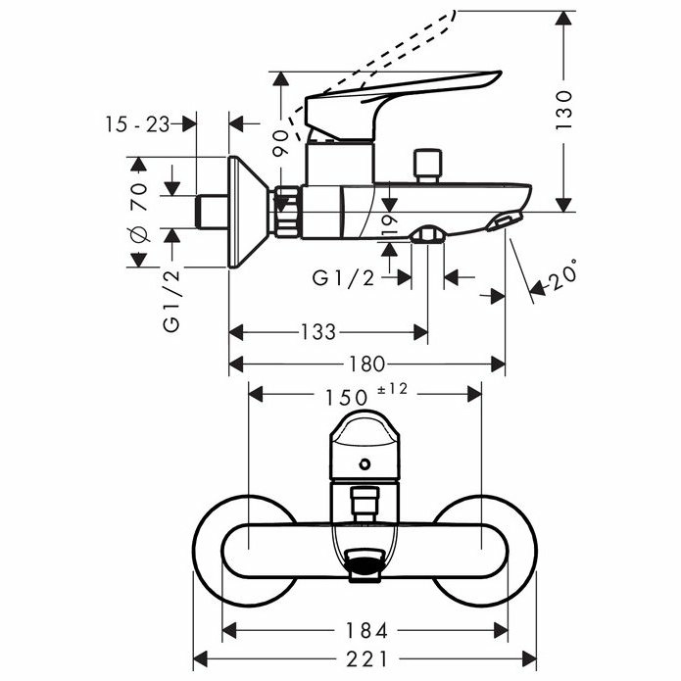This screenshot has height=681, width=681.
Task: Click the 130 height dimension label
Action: pyautogui.click(x=564, y=110)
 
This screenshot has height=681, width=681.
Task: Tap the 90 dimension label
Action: pyautogui.click(x=280, y=143)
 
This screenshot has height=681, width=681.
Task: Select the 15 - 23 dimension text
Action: pyautogui.click(x=138, y=124)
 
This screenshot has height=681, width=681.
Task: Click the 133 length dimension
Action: pyautogui.click(x=318, y=332)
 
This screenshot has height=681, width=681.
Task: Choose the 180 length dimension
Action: pyautogui.click(x=367, y=364)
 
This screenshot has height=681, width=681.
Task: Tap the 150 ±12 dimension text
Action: pyautogui.click(x=366, y=394)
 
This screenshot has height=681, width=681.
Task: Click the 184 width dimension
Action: pyautogui.click(x=366, y=630)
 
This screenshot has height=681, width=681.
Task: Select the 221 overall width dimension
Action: pyautogui.click(x=366, y=660)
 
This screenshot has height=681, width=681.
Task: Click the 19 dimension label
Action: pyautogui.click(x=389, y=226)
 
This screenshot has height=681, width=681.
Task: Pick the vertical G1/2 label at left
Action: pyautogui.click(x=171, y=300)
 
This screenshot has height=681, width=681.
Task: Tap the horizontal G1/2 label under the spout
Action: pyautogui.click(x=343, y=278)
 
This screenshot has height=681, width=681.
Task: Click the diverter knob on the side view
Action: pyautogui.click(x=428, y=167)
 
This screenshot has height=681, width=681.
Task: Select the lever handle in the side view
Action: pyautogui.click(x=403, y=103)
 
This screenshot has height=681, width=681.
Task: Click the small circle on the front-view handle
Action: pyautogui.click(x=365, y=464)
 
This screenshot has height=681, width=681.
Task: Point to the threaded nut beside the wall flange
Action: pyautogui.click(x=287, y=212)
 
